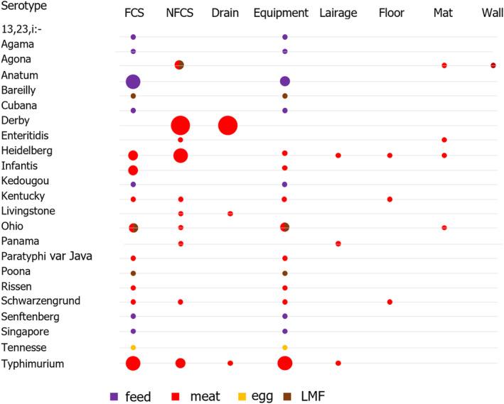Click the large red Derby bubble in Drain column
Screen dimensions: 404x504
pyautogui.click(x=227, y=126)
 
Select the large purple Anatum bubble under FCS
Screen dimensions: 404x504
pyautogui.click(x=133, y=82)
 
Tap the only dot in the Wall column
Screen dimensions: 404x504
pyautogui.click(x=493, y=65)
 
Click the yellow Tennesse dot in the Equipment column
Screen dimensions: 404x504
pyautogui.click(x=285, y=347)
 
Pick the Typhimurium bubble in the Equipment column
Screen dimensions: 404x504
pyautogui.click(x=285, y=363)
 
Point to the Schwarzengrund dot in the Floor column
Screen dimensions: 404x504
pyautogui.click(x=390, y=302)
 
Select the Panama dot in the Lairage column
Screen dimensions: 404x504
pyautogui.click(x=338, y=244)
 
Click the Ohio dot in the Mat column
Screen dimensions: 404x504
pyautogui.click(x=444, y=228)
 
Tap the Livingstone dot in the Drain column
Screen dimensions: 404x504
pyautogui.click(x=230, y=213)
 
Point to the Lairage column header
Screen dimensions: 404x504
pyautogui.click(x=338, y=13)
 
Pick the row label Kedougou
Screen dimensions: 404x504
pyautogui.click(x=26, y=181)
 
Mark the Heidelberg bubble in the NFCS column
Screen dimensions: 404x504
pyautogui.click(x=181, y=155)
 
